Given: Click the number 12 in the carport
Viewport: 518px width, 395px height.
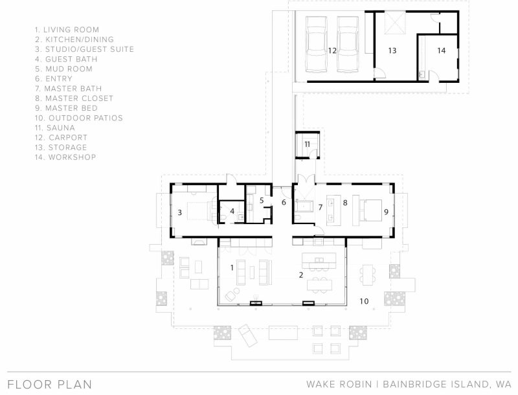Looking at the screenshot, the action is [332, 51].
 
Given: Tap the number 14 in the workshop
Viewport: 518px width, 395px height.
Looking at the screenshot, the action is [442, 51].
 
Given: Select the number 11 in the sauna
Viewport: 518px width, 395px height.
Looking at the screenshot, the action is [307, 144].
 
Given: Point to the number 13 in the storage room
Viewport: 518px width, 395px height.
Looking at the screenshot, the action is [392, 51].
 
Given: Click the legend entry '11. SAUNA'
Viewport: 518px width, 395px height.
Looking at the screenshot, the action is [55, 128].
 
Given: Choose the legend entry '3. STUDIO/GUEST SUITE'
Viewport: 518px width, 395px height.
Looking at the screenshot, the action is [85, 49].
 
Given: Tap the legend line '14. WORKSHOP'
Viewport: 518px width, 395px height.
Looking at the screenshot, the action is [65, 157].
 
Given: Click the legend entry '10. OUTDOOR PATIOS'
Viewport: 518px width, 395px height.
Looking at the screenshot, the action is [79, 118].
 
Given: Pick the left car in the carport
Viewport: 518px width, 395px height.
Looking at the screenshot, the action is [317, 44].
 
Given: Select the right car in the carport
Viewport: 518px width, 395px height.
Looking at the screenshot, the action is [348, 44].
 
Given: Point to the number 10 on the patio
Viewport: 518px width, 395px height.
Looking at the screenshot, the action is [364, 301].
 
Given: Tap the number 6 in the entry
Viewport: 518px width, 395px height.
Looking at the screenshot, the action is [284, 202].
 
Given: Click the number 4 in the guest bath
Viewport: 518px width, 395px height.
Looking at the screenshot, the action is [232, 210].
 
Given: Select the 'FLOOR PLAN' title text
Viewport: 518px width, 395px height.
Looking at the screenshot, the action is [50, 385].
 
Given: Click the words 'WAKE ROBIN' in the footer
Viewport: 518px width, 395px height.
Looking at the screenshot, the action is [339, 385].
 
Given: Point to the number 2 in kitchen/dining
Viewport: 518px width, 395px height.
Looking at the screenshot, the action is [300, 275].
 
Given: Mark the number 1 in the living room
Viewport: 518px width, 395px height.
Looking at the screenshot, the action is [232, 267].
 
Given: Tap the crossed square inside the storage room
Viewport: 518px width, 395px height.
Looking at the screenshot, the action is [395, 23].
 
